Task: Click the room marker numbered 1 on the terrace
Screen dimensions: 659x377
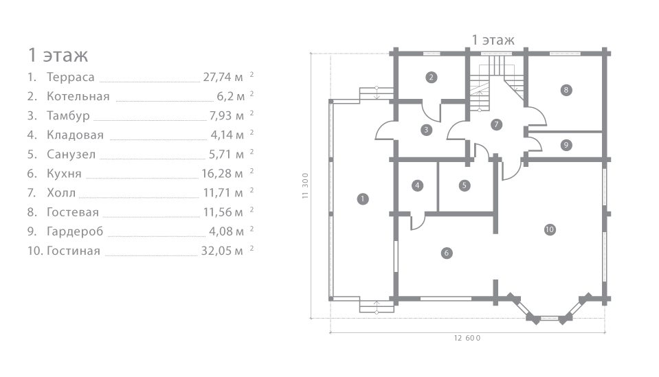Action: (x=362, y=198)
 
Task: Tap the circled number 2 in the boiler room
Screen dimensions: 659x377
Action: (x=431, y=77)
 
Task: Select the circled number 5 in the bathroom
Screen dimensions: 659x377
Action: (x=464, y=185)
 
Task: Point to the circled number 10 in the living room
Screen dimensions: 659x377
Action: (x=549, y=229)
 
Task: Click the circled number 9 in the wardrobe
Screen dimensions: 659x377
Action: (x=566, y=145)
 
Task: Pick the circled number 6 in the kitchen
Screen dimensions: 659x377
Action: (x=447, y=253)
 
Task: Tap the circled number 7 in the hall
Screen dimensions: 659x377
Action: (x=496, y=124)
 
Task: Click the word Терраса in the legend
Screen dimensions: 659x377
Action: (x=71, y=77)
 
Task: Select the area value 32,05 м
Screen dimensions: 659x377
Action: (x=222, y=251)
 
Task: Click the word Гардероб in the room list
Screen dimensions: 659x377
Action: (x=75, y=231)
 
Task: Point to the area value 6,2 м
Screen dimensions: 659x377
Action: (x=230, y=97)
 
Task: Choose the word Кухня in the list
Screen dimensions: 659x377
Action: (x=64, y=173)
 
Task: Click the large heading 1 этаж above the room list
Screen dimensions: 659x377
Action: (x=58, y=55)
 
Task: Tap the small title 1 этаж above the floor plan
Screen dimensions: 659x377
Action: (x=493, y=40)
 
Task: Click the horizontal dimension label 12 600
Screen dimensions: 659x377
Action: (x=467, y=338)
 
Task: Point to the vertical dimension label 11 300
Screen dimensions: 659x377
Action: (x=305, y=185)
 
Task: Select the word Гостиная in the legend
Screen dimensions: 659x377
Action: (x=73, y=251)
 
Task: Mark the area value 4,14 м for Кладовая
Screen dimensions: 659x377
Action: (x=227, y=135)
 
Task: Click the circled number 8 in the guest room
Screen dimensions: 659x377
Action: (x=566, y=89)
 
